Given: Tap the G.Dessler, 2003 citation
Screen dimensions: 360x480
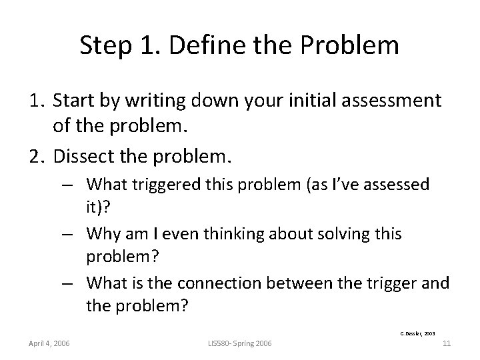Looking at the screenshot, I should (x=419, y=331).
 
